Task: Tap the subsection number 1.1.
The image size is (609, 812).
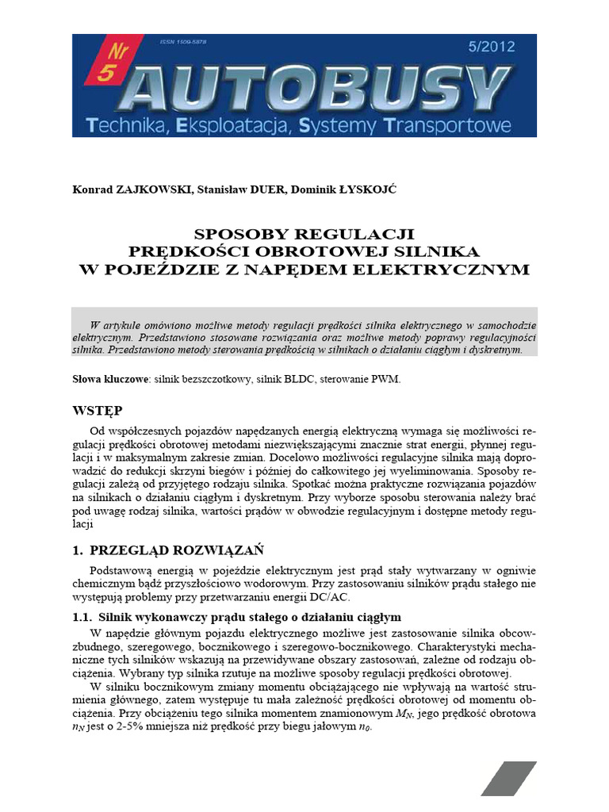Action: [x=82, y=616]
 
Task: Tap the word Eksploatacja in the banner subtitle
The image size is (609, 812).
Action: [x=236, y=124]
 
